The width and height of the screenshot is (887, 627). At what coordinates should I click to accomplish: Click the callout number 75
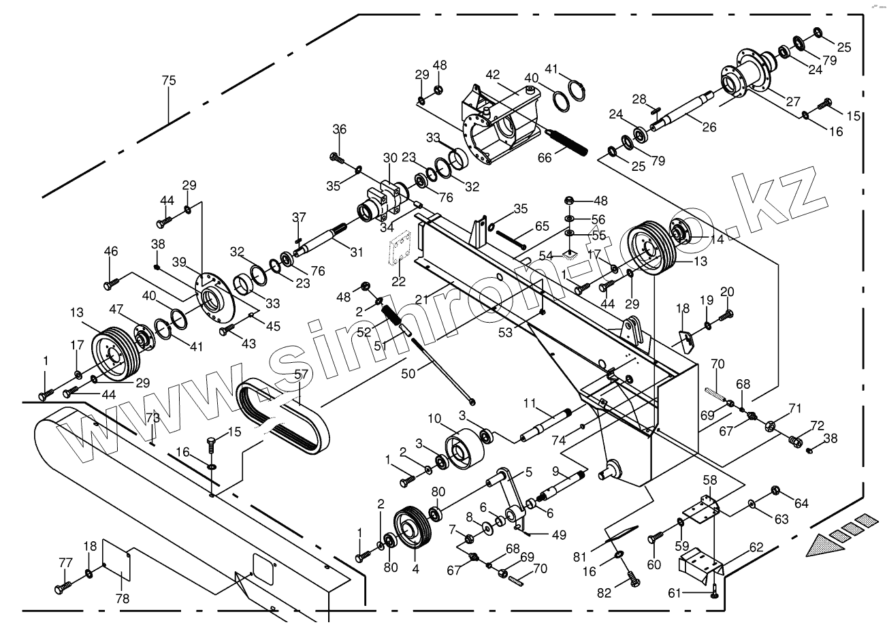168,80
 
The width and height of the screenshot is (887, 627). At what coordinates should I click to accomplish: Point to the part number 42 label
493,74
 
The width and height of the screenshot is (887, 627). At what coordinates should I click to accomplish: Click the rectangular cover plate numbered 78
116,559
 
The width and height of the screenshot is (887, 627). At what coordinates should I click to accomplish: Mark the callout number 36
339,129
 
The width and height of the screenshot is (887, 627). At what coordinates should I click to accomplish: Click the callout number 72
817,426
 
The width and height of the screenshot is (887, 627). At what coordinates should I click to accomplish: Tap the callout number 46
111,252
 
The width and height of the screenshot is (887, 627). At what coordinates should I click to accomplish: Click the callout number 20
727,291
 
